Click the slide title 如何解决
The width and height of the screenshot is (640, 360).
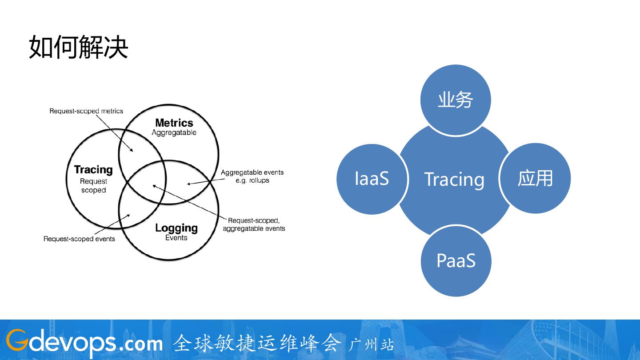[78, 48]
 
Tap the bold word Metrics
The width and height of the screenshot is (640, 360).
[174, 123]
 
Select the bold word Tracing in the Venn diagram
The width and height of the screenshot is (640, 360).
[93, 170]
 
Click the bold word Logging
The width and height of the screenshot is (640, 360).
[176, 228]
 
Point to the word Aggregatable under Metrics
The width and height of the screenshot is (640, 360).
[174, 132]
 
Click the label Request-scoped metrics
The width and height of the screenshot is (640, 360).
[86, 111]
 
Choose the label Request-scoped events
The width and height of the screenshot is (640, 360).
[79, 239]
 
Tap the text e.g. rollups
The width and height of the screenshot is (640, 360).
[252, 180]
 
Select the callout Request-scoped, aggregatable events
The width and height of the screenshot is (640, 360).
[254, 224]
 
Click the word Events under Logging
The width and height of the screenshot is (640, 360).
[176, 238]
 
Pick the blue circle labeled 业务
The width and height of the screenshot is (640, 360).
[456, 100]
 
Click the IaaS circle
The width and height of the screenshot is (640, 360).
[372, 179]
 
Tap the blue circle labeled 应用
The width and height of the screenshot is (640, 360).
[535, 178]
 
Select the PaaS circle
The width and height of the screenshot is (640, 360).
[456, 261]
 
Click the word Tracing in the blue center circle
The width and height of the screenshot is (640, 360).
[454, 180]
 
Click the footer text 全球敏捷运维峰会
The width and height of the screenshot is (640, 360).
[257, 343]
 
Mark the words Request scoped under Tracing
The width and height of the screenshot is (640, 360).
[93, 186]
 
